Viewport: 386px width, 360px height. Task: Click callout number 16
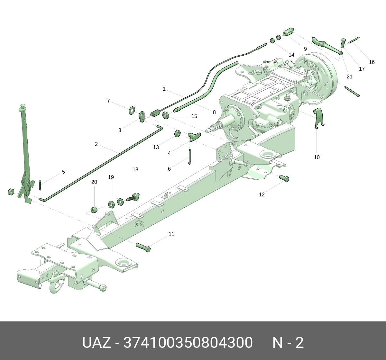click(372, 62)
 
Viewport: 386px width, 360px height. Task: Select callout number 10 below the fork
click(317, 157)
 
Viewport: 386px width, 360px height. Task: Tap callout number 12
click(262, 194)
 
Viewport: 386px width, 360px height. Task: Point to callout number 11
click(171, 234)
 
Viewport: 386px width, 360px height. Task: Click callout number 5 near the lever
click(63, 172)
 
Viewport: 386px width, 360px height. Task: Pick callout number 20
click(94, 182)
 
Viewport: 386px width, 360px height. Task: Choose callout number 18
click(135, 169)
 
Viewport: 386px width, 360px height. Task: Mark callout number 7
click(108, 101)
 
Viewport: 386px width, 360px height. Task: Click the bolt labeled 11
click(143, 248)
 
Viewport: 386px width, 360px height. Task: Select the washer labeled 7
click(132, 111)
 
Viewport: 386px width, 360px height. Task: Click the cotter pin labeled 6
click(190, 157)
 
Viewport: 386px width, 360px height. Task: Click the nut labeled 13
click(177, 133)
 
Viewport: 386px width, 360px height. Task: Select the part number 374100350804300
click(188, 343)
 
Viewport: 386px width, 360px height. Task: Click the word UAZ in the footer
click(96, 343)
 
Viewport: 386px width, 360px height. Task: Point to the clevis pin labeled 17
click(343, 43)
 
